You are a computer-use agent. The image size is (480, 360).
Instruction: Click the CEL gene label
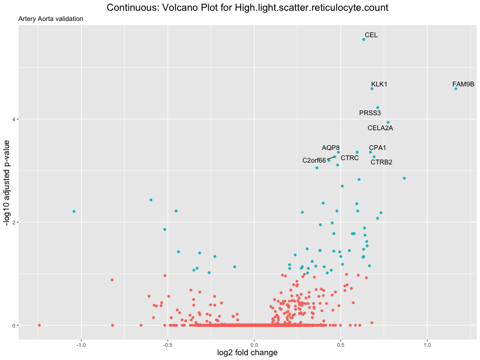point(371,35)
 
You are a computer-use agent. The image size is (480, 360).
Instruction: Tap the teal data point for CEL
point(364,40)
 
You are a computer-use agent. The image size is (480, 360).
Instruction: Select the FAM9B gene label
point(463,84)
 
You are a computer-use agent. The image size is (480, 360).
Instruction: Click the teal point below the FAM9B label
point(456,89)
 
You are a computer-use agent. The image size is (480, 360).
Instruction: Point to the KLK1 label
point(379,84)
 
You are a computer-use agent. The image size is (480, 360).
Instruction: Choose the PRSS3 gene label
point(370,113)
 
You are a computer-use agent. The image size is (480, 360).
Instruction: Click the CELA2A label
point(380,128)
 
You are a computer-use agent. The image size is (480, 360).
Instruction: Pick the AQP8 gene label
point(331,148)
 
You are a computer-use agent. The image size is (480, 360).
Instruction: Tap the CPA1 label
point(377,148)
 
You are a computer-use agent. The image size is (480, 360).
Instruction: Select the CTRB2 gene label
point(381,162)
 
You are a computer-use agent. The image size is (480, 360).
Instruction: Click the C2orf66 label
point(314,160)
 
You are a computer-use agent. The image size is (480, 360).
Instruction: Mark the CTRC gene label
point(349,158)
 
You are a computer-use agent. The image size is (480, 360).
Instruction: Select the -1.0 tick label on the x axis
point(81,346)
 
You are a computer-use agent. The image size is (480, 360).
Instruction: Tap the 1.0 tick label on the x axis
point(427,346)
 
